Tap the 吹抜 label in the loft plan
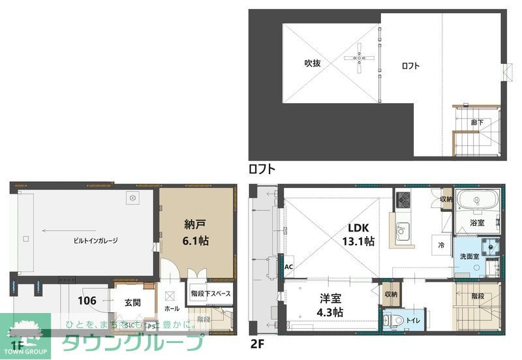pyautogui.click(x=312, y=63)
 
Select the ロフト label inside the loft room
pyautogui.click(x=410, y=65)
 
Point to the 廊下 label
pyautogui.click(x=478, y=122)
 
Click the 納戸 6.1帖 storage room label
pyautogui.click(x=196, y=232)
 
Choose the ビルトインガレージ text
pyautogui.click(x=95, y=241)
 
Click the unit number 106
pyautogui.click(x=87, y=301)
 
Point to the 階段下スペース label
pyautogui.click(x=211, y=294)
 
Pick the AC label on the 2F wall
pyautogui.click(x=288, y=266)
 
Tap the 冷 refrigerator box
pyautogui.click(x=442, y=245)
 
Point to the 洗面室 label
pyautogui.click(x=469, y=256)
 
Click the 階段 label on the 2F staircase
pyautogui.click(x=479, y=295)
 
